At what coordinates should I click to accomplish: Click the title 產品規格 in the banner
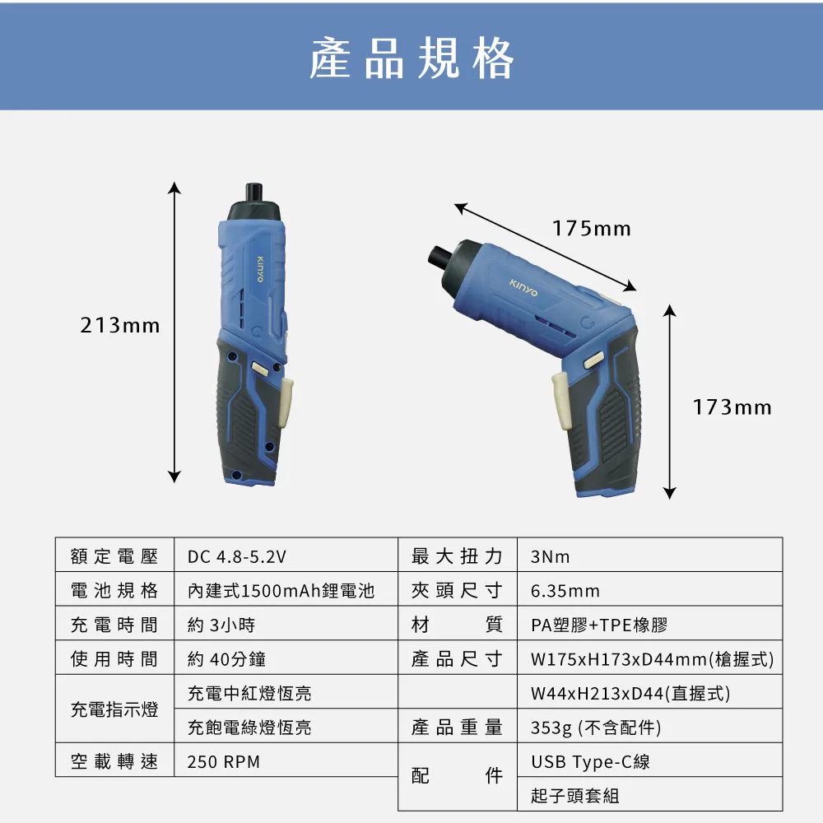pyautogui.click(x=411, y=58)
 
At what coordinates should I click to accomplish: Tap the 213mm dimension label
pyautogui.click(x=120, y=325)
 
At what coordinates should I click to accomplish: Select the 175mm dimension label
pyautogui.click(x=592, y=229)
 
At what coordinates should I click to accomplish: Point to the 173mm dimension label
pyautogui.click(x=732, y=407)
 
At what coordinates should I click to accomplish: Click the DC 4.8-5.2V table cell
pyautogui.click(x=237, y=556)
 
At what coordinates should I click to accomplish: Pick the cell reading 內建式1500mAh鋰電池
pyautogui.click(x=281, y=590)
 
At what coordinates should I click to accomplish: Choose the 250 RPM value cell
pyautogui.click(x=224, y=761)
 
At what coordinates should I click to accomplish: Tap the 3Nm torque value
pyautogui.click(x=550, y=556)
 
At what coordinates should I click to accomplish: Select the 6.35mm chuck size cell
pyautogui.click(x=565, y=591)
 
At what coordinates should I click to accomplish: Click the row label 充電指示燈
pyautogui.click(x=114, y=709)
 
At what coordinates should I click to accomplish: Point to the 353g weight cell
pyautogui.click(x=596, y=728)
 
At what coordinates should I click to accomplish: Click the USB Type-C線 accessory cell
pyautogui.click(x=590, y=761)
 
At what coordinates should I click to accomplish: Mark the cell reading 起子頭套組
pyautogui.click(x=574, y=796)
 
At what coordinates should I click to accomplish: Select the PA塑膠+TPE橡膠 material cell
pyautogui.click(x=599, y=625)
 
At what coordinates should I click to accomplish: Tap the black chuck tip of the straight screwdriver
pyautogui.click(x=254, y=192)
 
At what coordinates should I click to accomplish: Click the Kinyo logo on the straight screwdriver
pyautogui.click(x=260, y=269)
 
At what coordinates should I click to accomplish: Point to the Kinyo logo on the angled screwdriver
pyautogui.click(x=523, y=287)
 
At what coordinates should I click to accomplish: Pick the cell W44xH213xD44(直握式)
pyautogui.click(x=630, y=693)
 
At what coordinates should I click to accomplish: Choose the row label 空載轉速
pyautogui.click(x=114, y=761)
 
